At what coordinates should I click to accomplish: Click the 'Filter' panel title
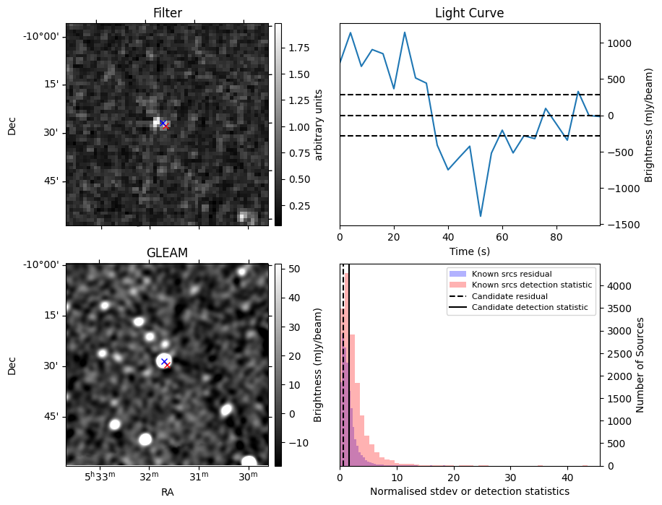coord(167,13)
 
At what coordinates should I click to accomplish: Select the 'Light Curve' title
coord(469,13)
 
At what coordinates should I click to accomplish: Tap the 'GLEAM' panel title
coord(167,252)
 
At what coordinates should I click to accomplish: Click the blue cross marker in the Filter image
coord(163,124)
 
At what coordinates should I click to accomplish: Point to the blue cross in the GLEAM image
coord(164,361)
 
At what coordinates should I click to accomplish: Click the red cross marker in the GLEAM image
coord(167,365)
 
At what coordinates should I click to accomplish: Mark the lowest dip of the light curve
coord(481,216)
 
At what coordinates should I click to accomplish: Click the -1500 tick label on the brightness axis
coord(619,224)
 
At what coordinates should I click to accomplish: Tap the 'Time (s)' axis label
coord(469,250)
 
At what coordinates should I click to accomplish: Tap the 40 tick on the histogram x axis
coord(567,478)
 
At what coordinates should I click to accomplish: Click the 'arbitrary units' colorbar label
coord(319,124)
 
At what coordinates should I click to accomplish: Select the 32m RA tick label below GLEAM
coord(150,477)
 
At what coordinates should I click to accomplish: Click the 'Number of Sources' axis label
coord(640,365)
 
